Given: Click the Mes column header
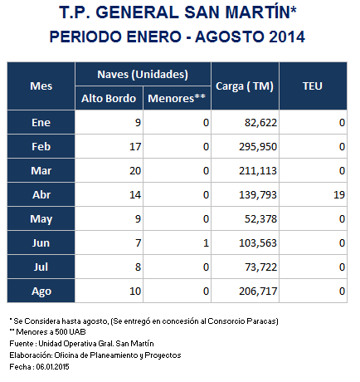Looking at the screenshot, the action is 41,86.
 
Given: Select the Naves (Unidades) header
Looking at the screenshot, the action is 143,75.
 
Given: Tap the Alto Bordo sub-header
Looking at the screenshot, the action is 109,99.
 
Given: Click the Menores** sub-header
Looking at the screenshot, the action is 177,98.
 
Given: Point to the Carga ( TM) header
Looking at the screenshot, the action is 245,86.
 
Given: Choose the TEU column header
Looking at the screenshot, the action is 313,86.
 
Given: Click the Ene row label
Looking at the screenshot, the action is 41,123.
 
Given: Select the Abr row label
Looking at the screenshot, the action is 41,195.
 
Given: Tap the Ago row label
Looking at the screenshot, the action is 41,291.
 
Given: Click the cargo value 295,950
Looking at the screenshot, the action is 258,147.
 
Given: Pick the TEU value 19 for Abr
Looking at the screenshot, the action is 339,195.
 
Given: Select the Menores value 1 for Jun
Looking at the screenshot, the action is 206,243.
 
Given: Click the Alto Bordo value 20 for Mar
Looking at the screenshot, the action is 135,171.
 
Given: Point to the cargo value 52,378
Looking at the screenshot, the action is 260,219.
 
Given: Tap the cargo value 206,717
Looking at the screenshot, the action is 258,291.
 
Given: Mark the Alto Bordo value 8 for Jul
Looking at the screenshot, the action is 138,267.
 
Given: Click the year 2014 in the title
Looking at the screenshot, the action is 287,37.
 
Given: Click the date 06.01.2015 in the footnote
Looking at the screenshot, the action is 52,367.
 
